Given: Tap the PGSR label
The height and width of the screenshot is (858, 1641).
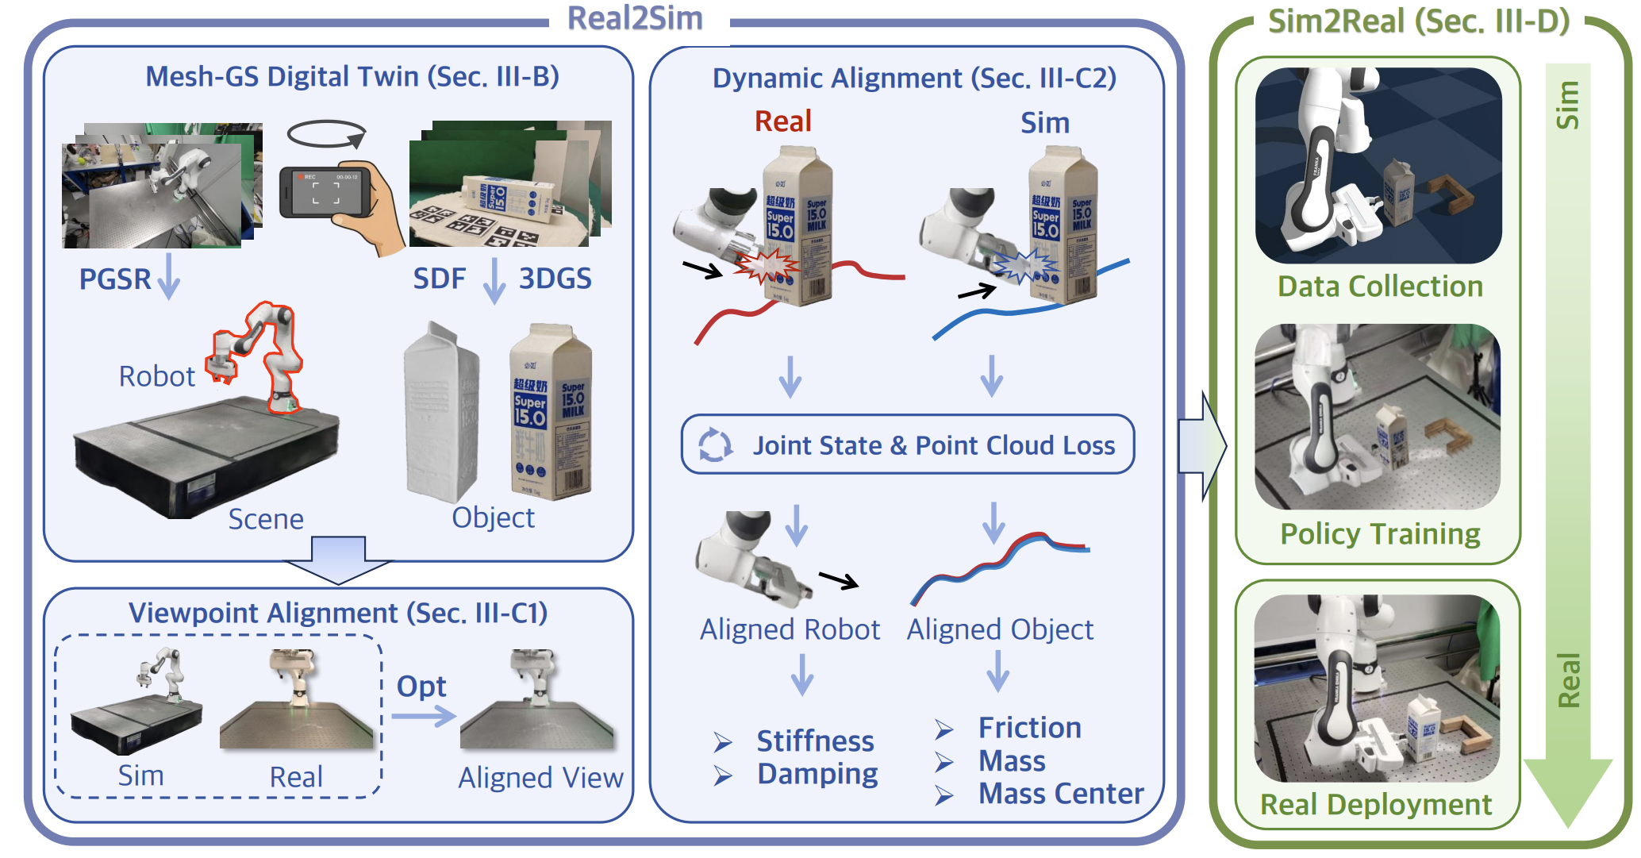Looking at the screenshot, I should pyautogui.click(x=115, y=279).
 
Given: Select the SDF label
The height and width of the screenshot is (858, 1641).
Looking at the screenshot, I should pyautogui.click(x=439, y=279).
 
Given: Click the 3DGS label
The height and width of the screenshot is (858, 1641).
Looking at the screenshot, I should pyautogui.click(x=555, y=279).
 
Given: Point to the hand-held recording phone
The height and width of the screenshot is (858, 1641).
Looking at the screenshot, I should pyautogui.click(x=325, y=193).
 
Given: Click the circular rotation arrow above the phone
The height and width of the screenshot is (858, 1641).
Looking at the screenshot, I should pyautogui.click(x=325, y=134).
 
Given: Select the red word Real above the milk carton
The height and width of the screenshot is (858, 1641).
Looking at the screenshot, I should pyautogui.click(x=782, y=121).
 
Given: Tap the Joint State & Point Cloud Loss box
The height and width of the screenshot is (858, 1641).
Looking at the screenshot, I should pyautogui.click(x=908, y=444).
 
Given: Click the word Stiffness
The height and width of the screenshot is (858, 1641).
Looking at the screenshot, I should pyautogui.click(x=815, y=741).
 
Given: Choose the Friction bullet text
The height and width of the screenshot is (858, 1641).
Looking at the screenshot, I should pyautogui.click(x=1029, y=728).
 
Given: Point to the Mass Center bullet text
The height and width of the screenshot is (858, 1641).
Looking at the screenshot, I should pyautogui.click(x=1060, y=794).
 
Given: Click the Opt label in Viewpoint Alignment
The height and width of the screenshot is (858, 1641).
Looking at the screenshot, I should pyautogui.click(x=421, y=687).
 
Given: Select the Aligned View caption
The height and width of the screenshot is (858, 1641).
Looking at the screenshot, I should pyautogui.click(x=540, y=778).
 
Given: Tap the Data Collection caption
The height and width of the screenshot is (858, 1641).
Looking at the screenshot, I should pyautogui.click(x=1380, y=287).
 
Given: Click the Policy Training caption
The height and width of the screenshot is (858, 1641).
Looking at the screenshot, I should pyautogui.click(x=1380, y=534).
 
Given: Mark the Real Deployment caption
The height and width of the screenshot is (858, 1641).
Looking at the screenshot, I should pyautogui.click(x=1376, y=805).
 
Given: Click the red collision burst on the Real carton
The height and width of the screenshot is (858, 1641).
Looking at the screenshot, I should pyautogui.click(x=764, y=266).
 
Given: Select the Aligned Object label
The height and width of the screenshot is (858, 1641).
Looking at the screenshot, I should pyautogui.click(x=1000, y=629).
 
